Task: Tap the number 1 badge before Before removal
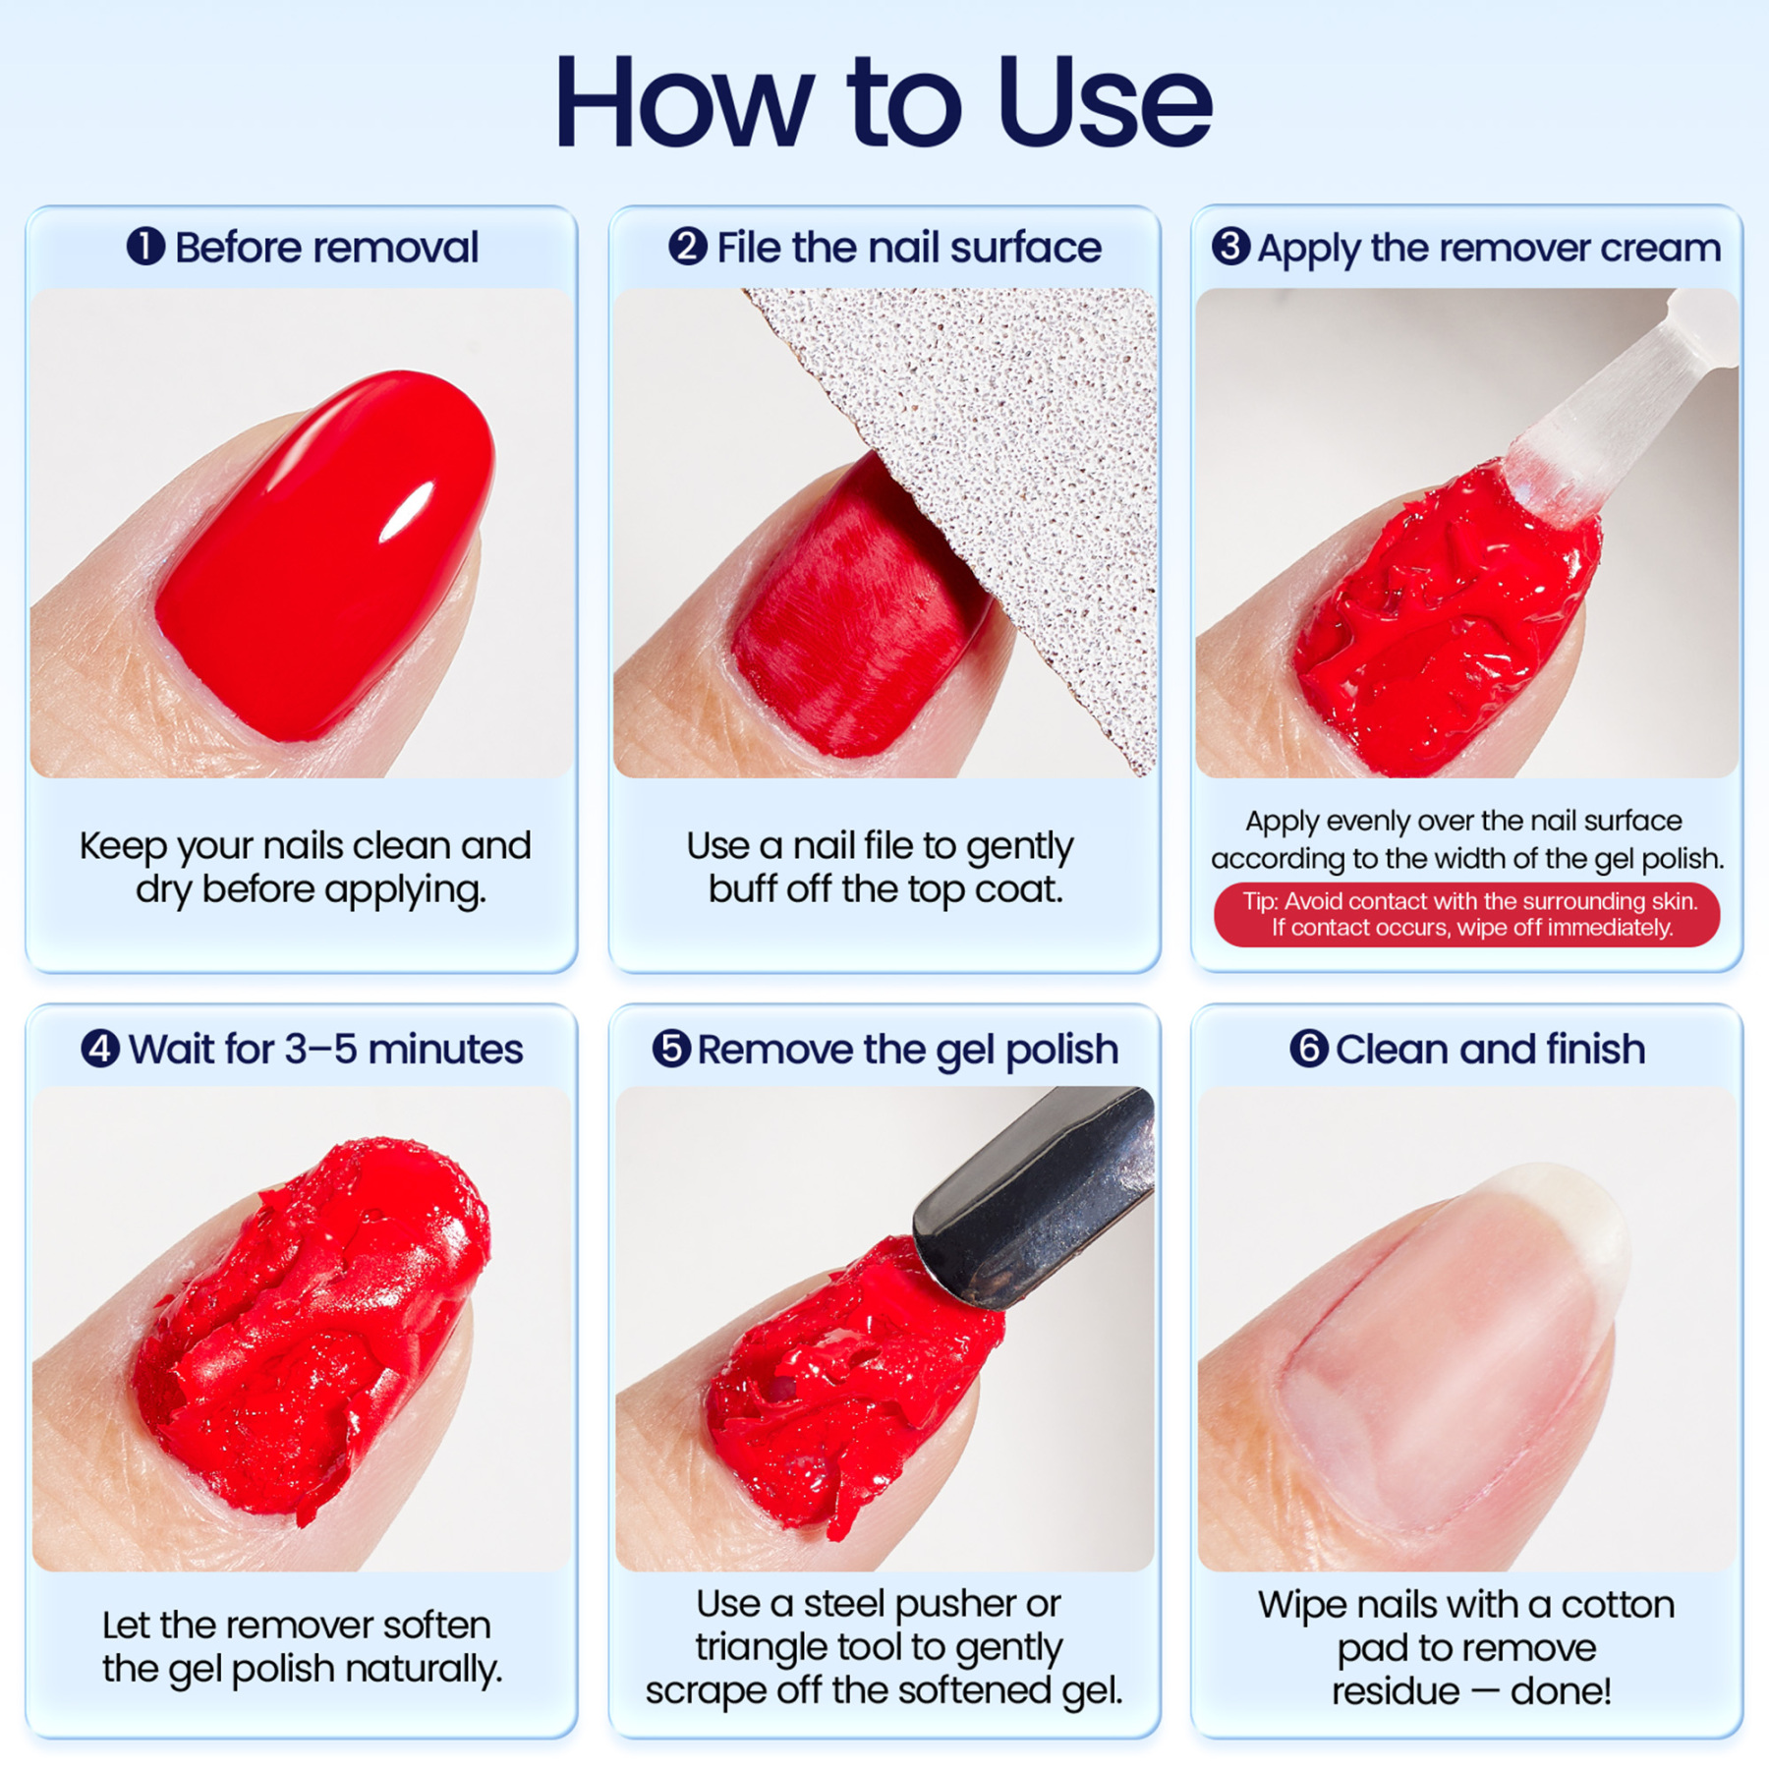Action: [x=145, y=247]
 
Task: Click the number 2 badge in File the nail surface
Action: [x=688, y=247]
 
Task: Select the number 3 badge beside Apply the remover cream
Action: [x=1230, y=247]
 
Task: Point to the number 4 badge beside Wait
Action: [x=100, y=1049]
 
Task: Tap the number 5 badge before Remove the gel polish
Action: [x=671, y=1049]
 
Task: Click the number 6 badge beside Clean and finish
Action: [x=1308, y=1049]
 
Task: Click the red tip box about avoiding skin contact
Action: [x=1466, y=914]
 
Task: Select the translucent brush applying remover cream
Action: [x=1612, y=413]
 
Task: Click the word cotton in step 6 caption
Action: [x=1617, y=1605]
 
